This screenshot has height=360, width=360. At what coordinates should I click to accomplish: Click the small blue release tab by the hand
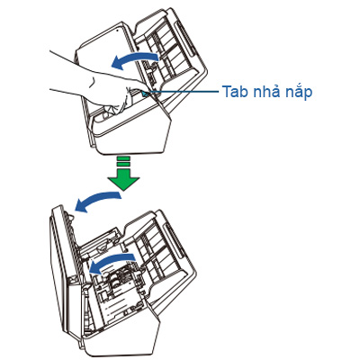point(145,94)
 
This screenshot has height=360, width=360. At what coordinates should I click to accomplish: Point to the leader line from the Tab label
point(184,92)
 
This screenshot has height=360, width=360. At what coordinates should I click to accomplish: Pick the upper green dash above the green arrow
point(123,158)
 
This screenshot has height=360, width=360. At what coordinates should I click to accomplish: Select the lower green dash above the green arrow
point(123,164)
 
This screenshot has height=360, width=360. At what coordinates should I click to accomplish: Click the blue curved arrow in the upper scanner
point(134,58)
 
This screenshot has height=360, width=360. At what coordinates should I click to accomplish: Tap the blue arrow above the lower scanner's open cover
point(97,200)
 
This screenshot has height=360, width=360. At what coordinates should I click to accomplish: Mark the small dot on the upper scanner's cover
point(118,31)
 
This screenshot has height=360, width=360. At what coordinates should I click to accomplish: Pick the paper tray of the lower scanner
point(160,249)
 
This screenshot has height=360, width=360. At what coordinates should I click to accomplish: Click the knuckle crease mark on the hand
point(94,81)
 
